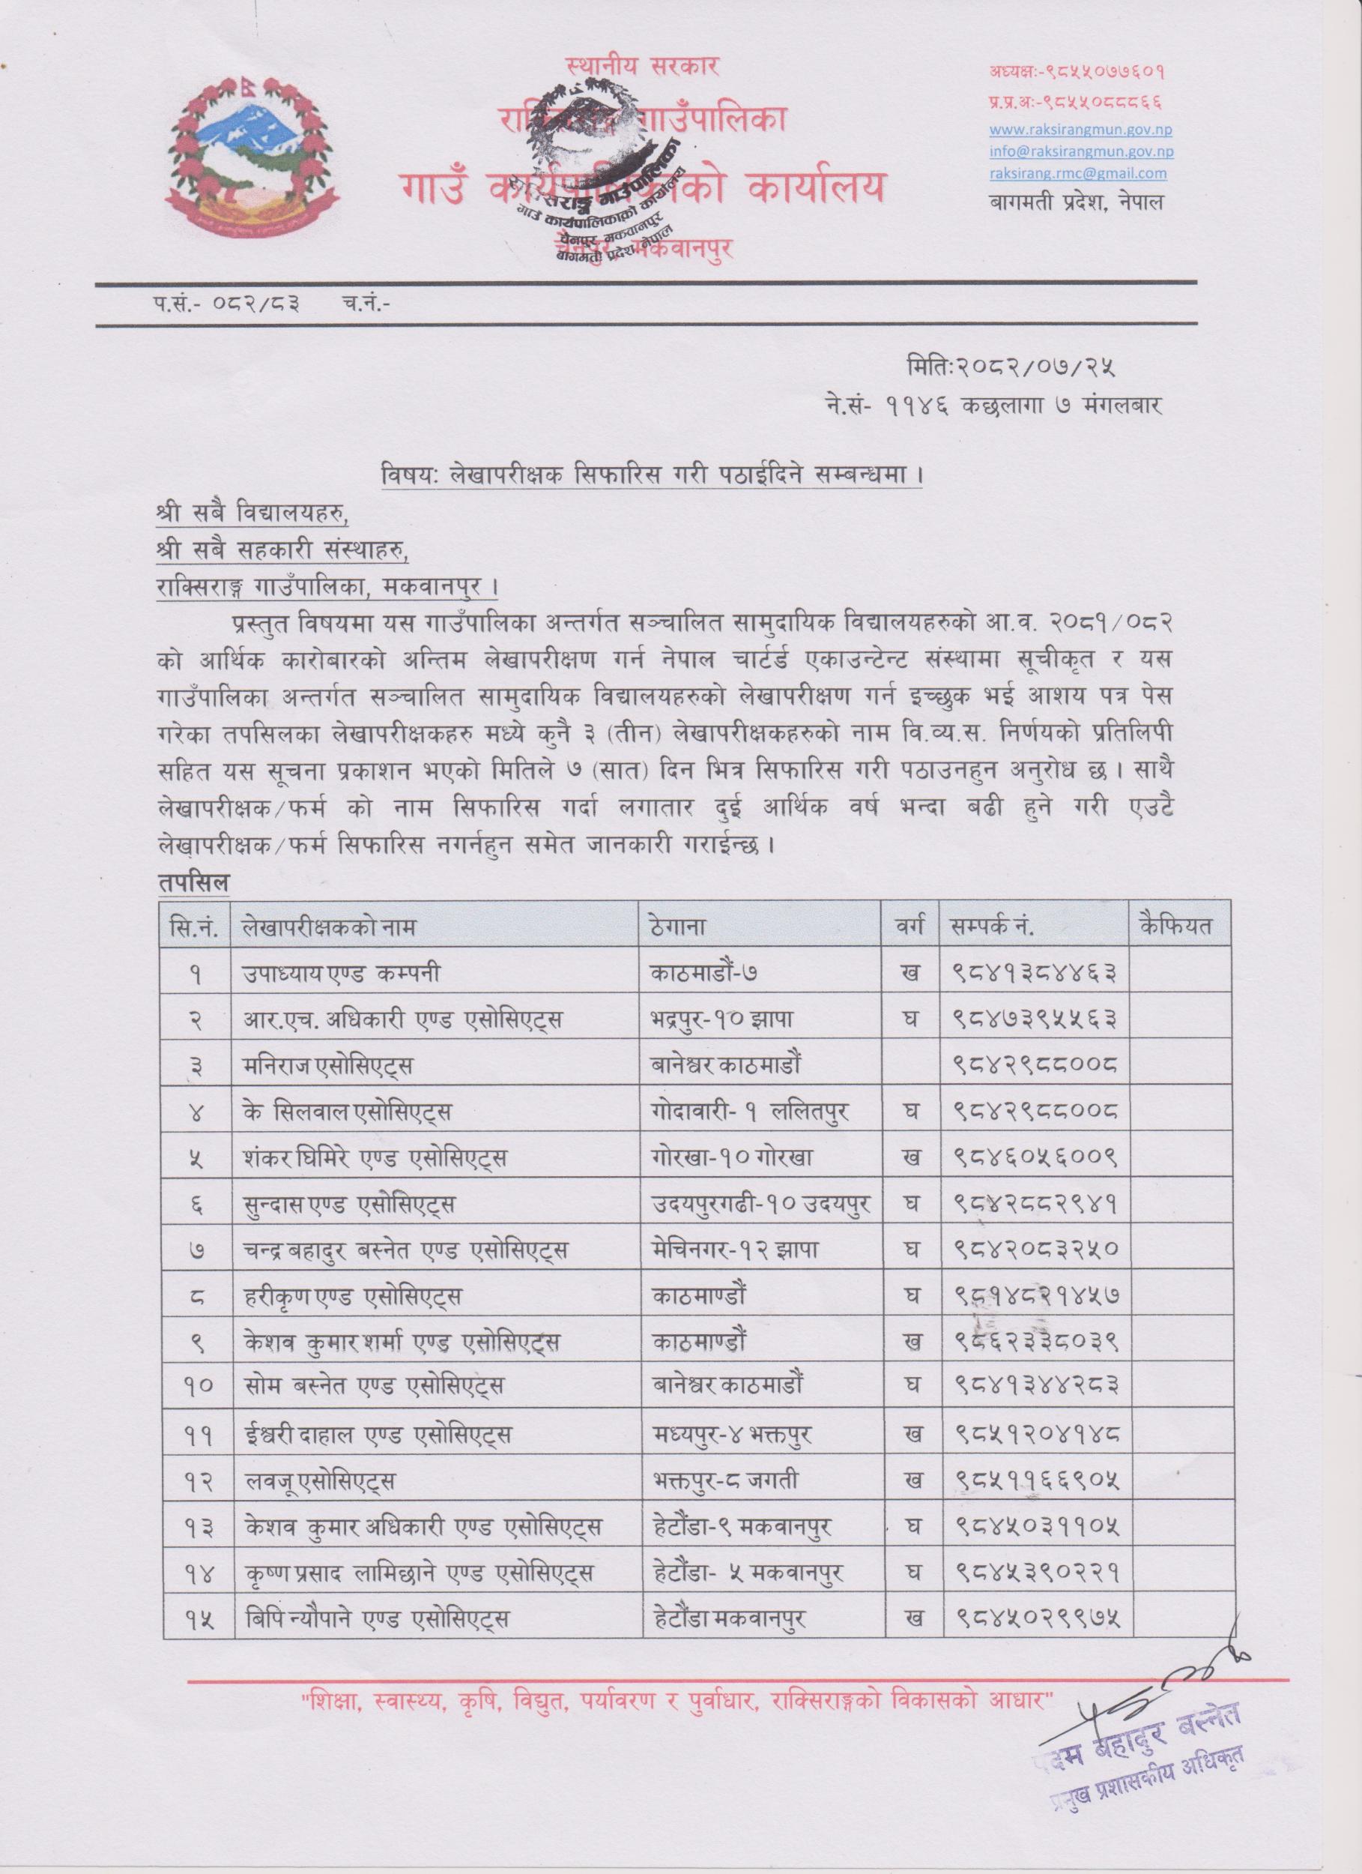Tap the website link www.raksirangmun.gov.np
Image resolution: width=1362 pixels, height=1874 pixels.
click(1081, 130)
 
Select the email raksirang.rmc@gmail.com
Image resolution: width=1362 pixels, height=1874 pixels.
click(1078, 172)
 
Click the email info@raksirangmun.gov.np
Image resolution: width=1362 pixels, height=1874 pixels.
click(1081, 151)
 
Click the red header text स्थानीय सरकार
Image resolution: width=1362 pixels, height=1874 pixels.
click(644, 65)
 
